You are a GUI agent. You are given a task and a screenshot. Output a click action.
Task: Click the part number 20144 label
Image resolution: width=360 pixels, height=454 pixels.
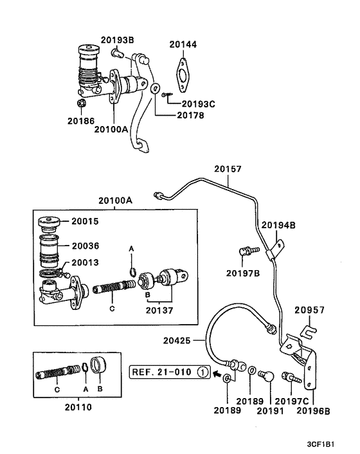point(183,44)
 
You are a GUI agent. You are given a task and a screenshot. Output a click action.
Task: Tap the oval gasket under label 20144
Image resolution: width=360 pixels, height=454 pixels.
point(183,75)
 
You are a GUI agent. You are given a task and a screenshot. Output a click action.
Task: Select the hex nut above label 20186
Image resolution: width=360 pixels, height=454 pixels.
point(81,103)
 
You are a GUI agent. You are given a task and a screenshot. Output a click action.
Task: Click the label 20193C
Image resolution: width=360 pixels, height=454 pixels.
point(199,104)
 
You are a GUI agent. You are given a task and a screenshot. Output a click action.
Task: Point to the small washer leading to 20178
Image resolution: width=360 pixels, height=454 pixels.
point(156,87)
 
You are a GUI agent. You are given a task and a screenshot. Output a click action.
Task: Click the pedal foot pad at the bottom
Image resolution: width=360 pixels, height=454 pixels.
point(143,145)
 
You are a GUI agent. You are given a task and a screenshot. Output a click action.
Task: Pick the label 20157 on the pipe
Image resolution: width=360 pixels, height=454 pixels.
point(228,168)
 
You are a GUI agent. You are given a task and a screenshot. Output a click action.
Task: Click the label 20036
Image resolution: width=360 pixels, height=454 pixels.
point(85,246)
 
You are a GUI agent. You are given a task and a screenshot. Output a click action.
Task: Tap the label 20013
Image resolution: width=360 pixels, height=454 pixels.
point(85,262)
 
